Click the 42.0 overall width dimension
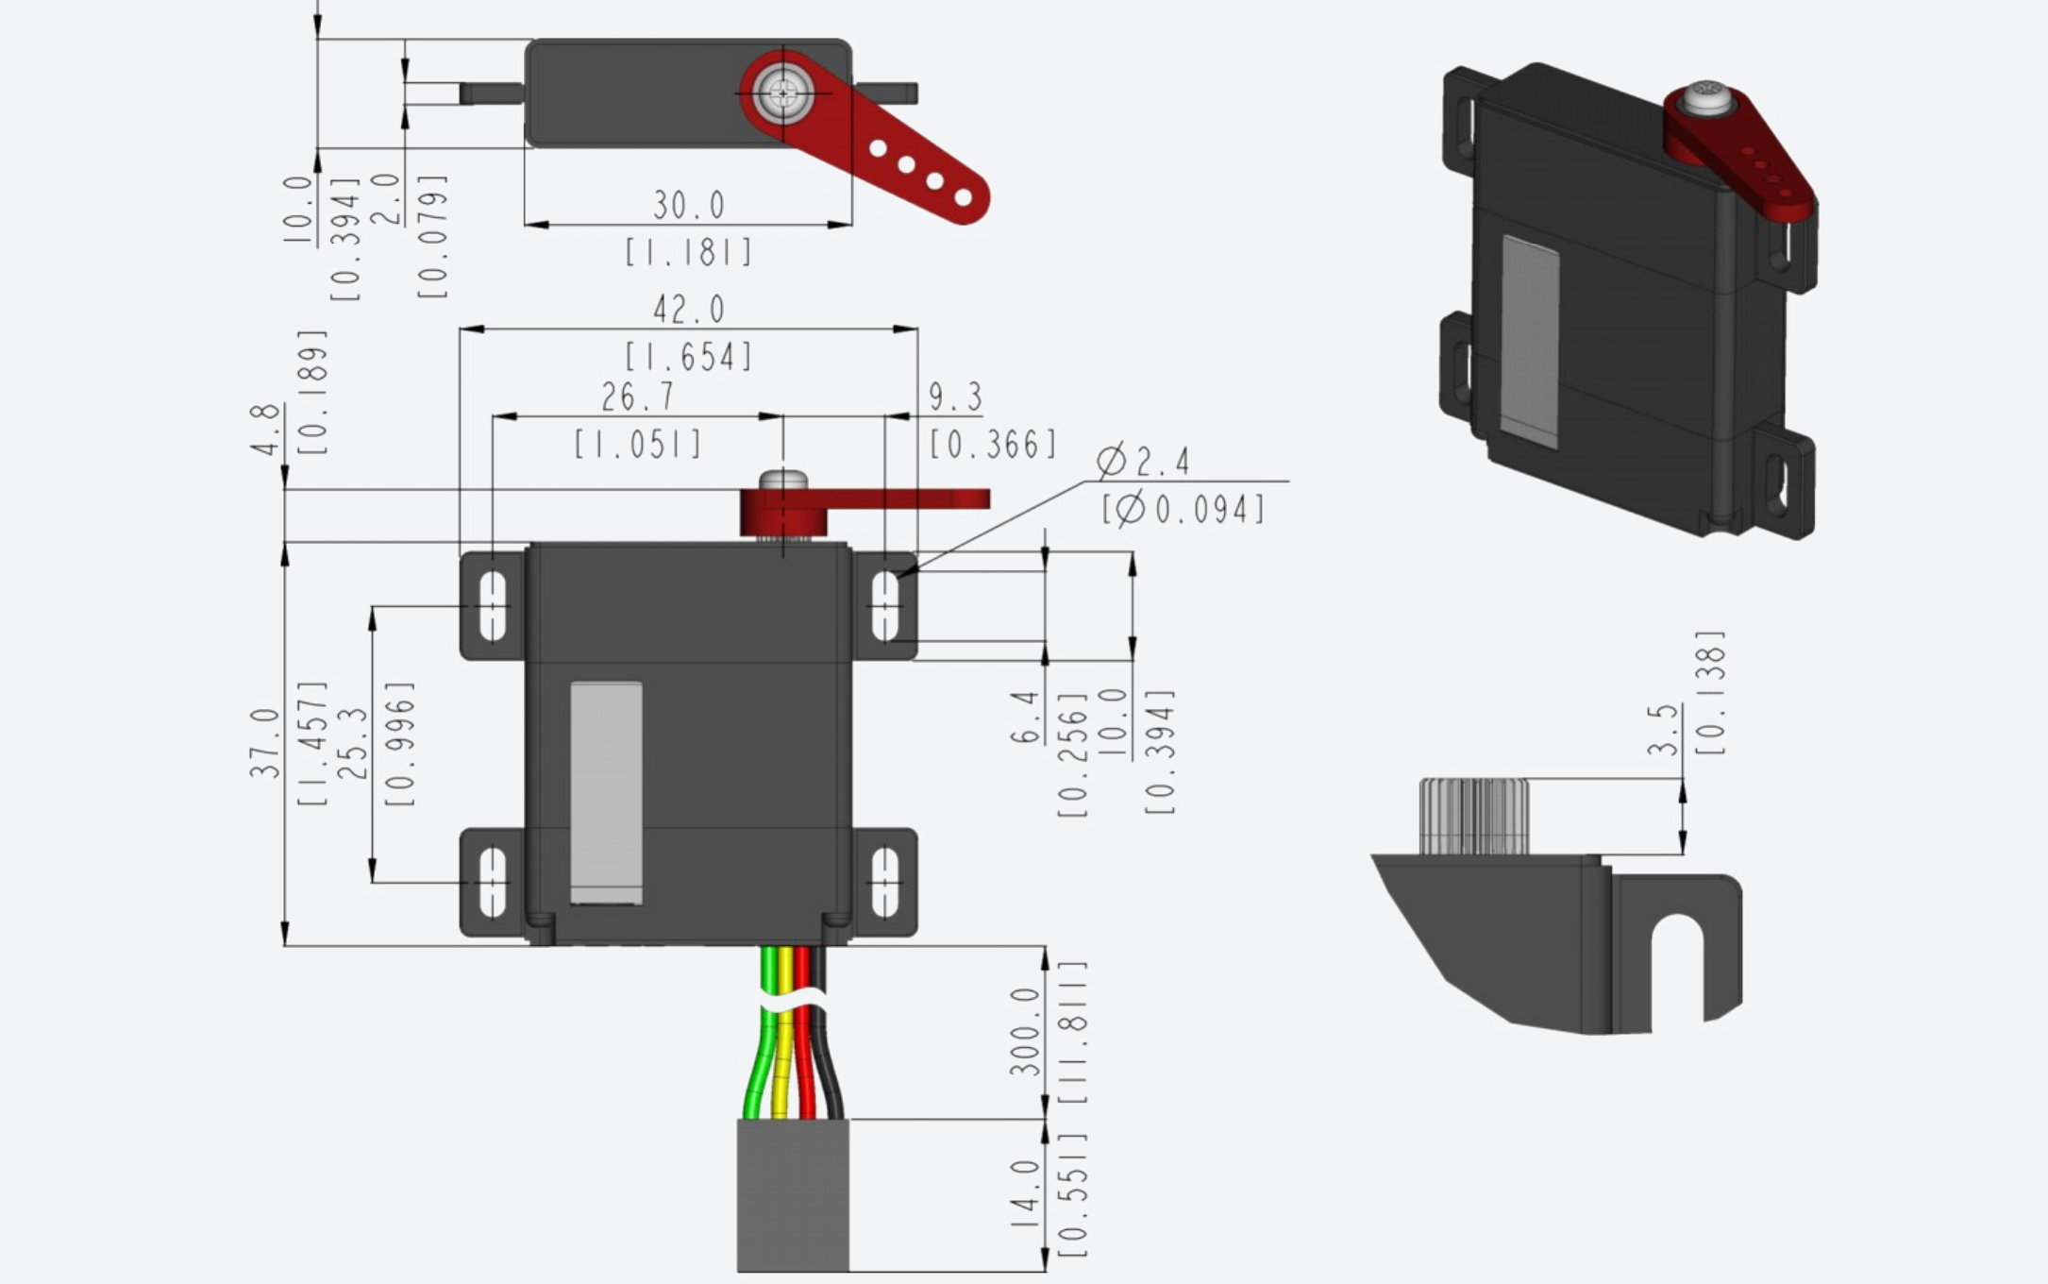click(689, 309)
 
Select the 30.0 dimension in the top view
click(689, 205)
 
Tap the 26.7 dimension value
click(638, 397)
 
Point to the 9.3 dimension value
click(955, 397)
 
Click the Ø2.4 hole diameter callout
click(1143, 462)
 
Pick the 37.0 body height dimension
click(265, 743)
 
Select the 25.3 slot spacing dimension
click(352, 743)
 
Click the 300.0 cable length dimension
click(1025, 1032)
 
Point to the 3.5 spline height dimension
click(1664, 729)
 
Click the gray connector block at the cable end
click(793, 1195)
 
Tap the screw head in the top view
click(783, 93)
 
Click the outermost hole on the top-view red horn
click(964, 197)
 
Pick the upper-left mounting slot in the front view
click(493, 606)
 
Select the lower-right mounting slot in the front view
click(884, 883)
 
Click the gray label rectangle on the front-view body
click(606, 793)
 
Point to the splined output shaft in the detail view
click(1474, 817)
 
